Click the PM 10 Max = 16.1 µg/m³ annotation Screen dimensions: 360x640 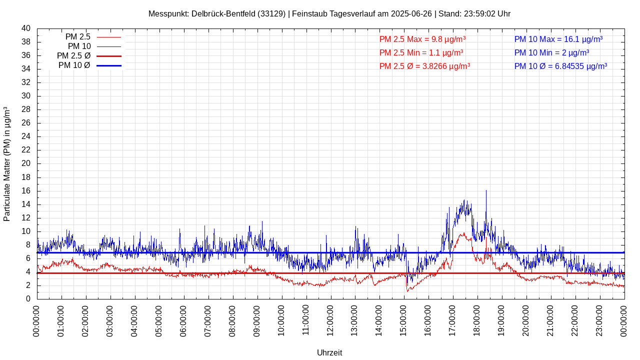pyautogui.click(x=558, y=39)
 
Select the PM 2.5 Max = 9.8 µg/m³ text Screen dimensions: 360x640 pyautogui.click(x=422, y=39)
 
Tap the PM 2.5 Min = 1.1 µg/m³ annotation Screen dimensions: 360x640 pyautogui.click(x=421, y=52)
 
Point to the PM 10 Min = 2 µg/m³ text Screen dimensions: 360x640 pyautogui.click(x=551, y=52)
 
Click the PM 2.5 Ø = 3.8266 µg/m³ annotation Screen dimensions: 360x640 pyautogui.click(x=424, y=66)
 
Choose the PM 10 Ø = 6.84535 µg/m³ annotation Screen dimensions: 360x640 pyautogui.click(x=560, y=66)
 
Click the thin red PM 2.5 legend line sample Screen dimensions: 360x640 pyautogui.click(x=109, y=37)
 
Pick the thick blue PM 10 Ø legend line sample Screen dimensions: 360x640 pyautogui.click(x=109, y=65)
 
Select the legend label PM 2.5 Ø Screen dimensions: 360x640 pyautogui.click(x=73, y=56)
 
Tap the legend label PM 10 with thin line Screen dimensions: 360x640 pyautogui.click(x=79, y=46)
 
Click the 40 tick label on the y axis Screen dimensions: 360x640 pyautogui.click(x=26, y=28)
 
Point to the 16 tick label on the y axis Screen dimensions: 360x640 pyautogui.click(x=26, y=191)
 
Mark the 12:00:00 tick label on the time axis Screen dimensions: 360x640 pyautogui.click(x=330, y=320)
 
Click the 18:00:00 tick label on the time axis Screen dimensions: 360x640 pyautogui.click(x=477, y=320)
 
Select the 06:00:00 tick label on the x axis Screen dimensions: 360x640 pyautogui.click(x=184, y=320)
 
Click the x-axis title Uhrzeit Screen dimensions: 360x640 pyautogui.click(x=329, y=352)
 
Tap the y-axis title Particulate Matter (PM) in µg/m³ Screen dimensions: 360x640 pyautogui.click(x=7, y=164)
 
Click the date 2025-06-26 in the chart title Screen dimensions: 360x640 pyautogui.click(x=411, y=13)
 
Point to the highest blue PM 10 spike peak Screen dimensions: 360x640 pyautogui.click(x=486, y=190)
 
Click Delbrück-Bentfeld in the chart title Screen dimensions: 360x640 pyautogui.click(x=222, y=13)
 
